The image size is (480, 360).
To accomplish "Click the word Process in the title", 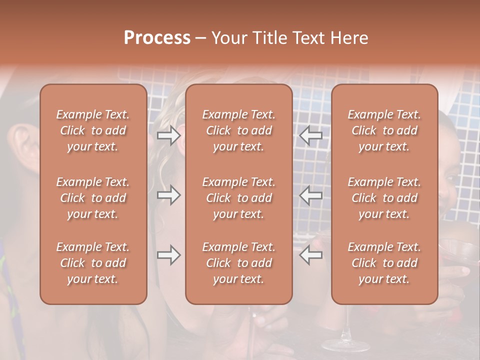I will click(x=157, y=38).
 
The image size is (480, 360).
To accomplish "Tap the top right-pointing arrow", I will click(x=168, y=135).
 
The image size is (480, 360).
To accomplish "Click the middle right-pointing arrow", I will click(x=168, y=195).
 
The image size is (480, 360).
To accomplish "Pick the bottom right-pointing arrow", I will click(x=168, y=255).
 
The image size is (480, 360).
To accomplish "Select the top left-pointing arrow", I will click(x=311, y=135).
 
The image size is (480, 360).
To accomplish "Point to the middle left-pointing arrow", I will click(x=311, y=195).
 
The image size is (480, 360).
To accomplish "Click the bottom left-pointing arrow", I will click(x=311, y=255).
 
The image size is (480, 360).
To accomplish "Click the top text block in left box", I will click(x=93, y=130).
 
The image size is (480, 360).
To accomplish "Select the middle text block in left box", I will click(x=93, y=198).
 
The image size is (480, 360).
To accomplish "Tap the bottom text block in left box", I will click(x=93, y=263).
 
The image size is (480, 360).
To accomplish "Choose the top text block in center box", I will click(x=238, y=130).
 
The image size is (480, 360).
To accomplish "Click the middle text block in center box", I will click(x=238, y=198).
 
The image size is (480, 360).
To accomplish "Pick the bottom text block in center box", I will click(x=238, y=263).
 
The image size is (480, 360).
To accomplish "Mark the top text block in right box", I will click(x=384, y=130).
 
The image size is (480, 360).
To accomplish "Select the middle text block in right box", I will click(x=384, y=198).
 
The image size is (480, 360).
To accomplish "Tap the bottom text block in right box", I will click(x=384, y=263).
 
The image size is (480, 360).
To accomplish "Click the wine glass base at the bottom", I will click(x=345, y=345).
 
